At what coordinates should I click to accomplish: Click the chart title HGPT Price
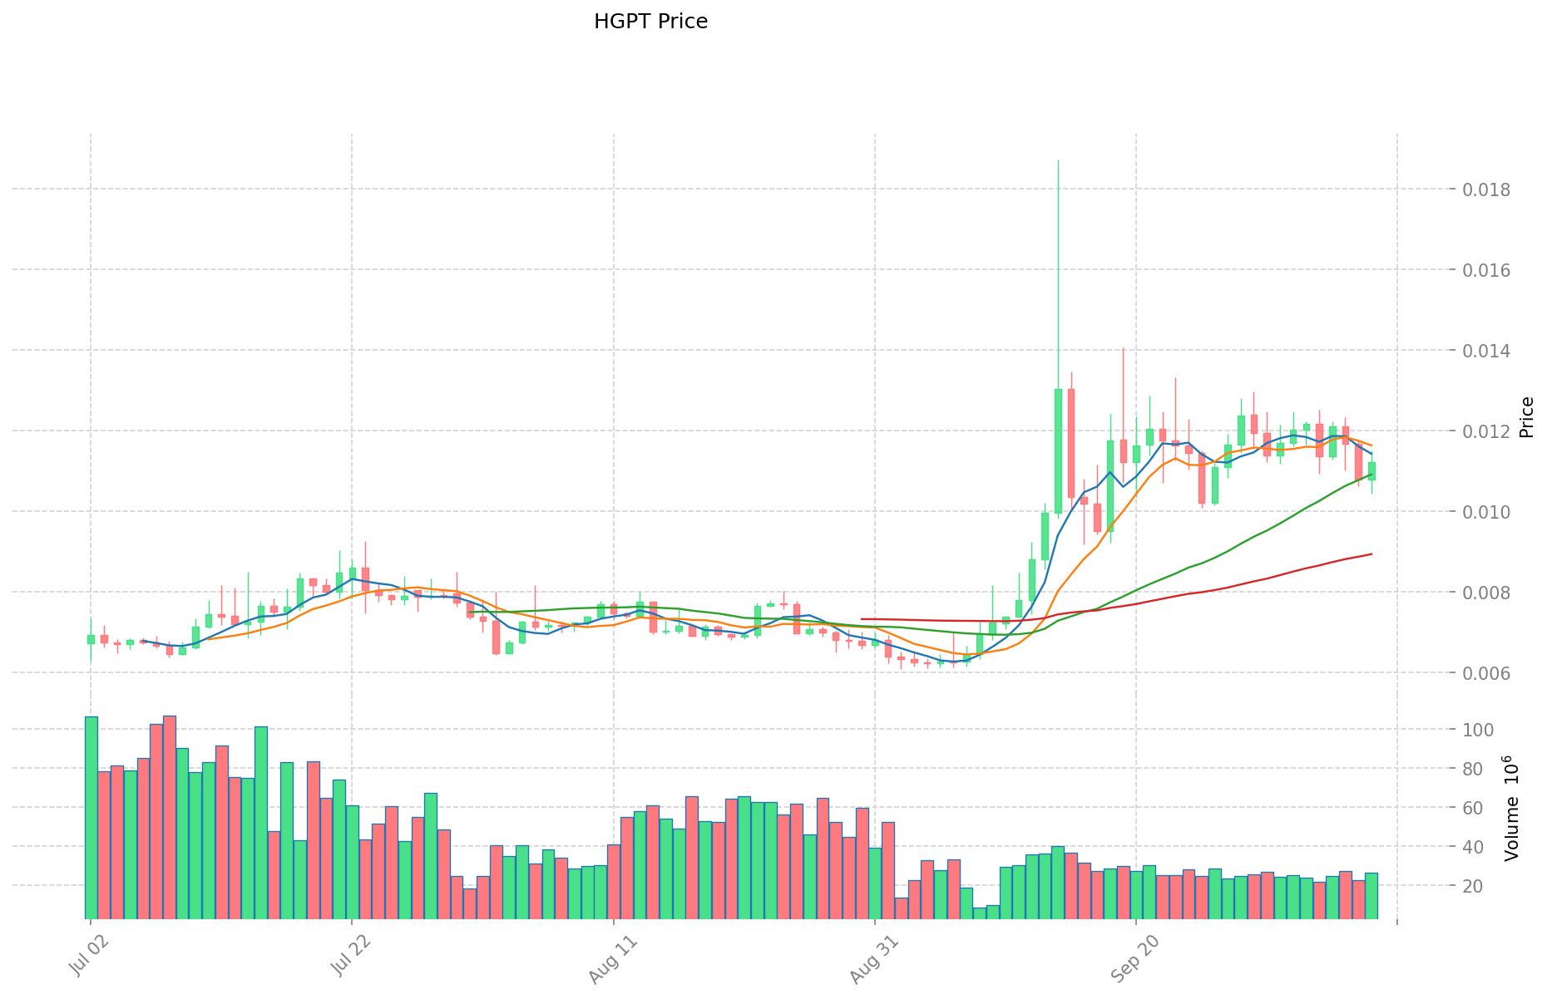point(650,22)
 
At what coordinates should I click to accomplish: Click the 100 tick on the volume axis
point(1484,731)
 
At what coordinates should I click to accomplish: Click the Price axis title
point(1526,417)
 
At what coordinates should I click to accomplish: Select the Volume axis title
point(1512,808)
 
